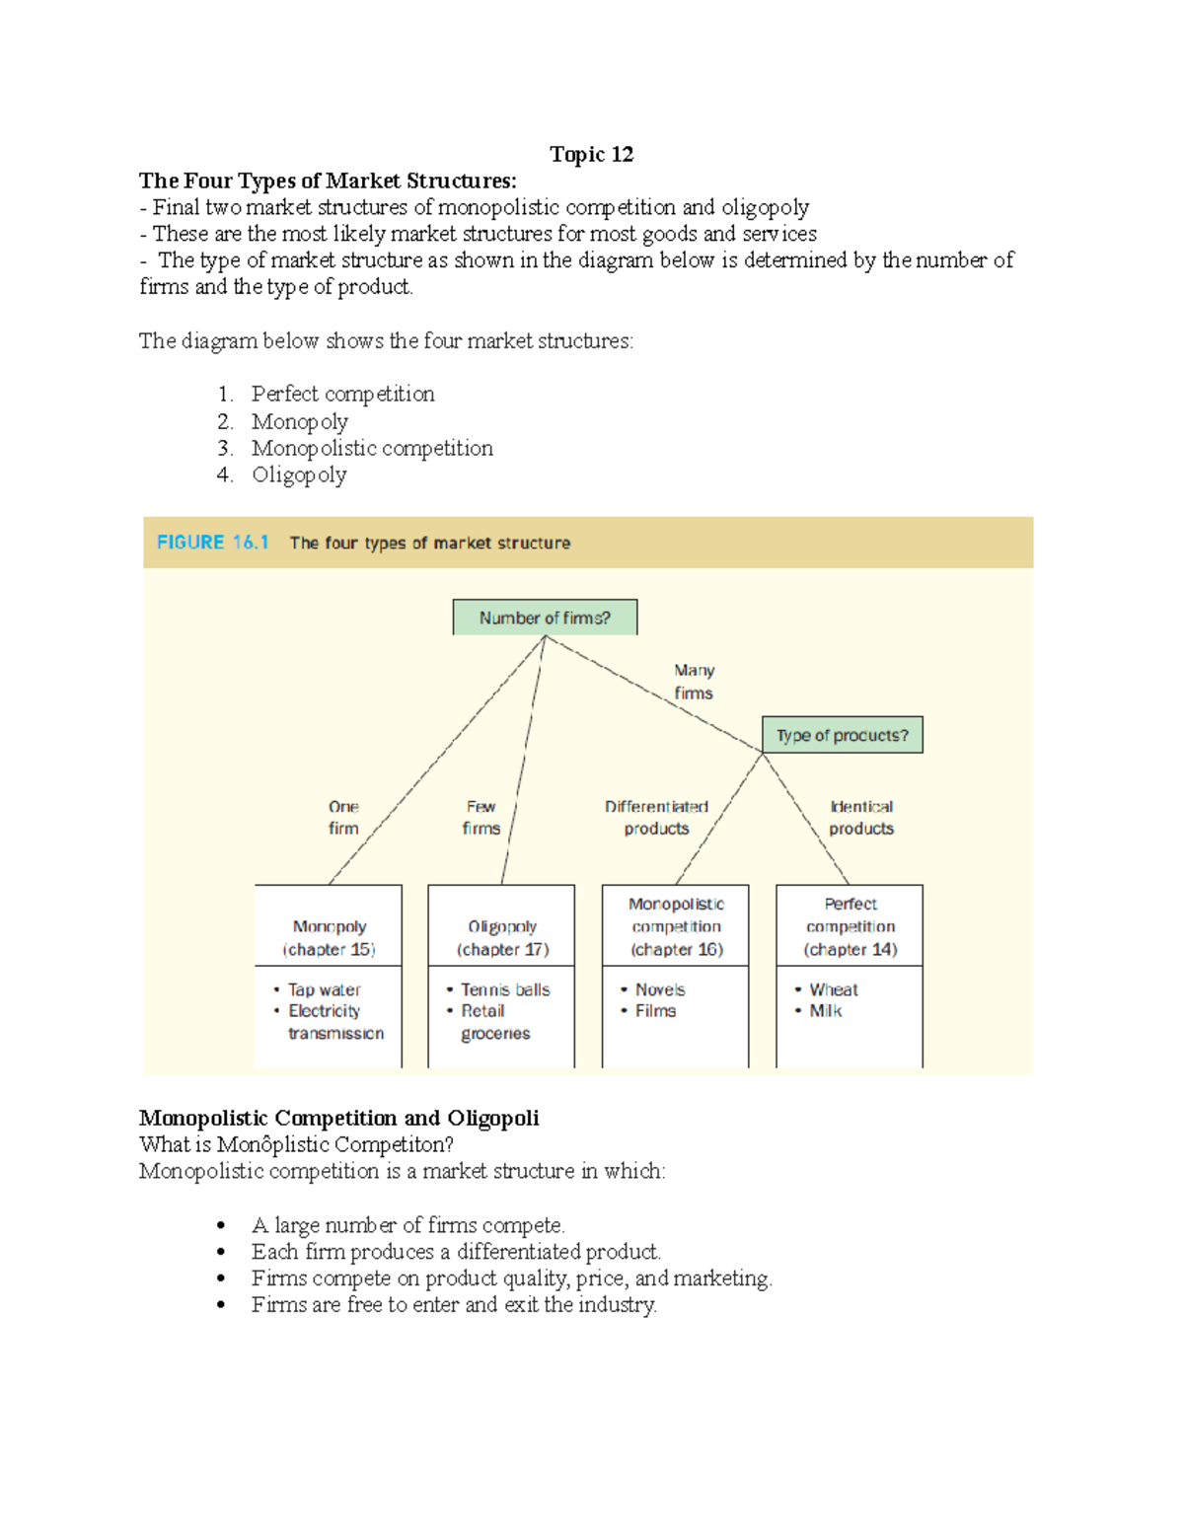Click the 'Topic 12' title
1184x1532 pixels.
(591, 154)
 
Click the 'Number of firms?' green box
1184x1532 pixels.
(545, 618)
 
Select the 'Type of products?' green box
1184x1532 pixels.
(842, 735)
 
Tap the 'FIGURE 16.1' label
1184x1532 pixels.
(213, 543)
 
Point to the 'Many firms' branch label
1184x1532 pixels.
(694, 682)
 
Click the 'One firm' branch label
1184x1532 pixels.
(343, 818)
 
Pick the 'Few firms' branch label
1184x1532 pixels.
(481, 818)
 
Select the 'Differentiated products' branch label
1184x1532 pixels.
(656, 818)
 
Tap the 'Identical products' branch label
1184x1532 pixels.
(861, 818)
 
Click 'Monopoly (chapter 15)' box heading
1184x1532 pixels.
(330, 937)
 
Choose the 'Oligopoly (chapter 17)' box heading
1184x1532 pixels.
(502, 937)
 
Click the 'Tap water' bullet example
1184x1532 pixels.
(324, 989)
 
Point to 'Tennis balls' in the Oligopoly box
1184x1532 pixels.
(505, 989)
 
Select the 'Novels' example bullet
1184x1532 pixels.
(660, 989)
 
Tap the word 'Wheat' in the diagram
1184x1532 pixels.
(834, 989)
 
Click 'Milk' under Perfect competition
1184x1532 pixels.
(826, 1011)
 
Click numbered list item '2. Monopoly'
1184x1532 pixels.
(299, 421)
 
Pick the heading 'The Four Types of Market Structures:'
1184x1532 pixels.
(328, 181)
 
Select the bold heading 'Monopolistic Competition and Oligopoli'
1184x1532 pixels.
(338, 1118)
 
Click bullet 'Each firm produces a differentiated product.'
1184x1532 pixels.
(455, 1252)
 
